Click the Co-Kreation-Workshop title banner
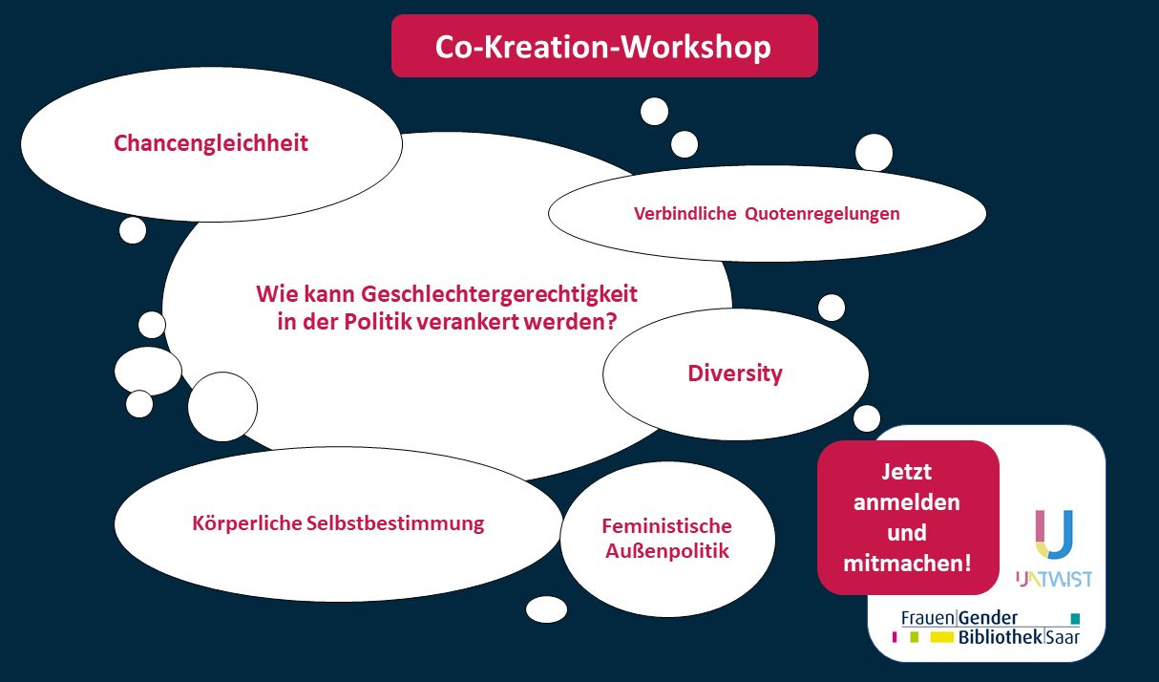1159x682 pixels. click(604, 46)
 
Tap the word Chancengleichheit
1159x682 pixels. click(211, 143)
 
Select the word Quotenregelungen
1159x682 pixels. click(822, 214)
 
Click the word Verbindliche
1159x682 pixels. click(685, 213)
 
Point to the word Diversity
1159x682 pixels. click(735, 373)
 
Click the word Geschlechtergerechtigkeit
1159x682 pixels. click(498, 294)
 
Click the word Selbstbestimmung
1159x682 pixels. click(395, 523)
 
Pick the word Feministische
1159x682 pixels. click(666, 526)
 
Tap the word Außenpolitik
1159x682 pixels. click(667, 551)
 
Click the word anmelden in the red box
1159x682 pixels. click(907, 502)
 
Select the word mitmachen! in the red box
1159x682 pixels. click(907, 564)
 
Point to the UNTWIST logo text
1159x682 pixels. click(1054, 579)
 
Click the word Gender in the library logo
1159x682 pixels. click(988, 618)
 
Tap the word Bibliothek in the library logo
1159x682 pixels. click(1001, 637)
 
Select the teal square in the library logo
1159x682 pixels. click(1075, 618)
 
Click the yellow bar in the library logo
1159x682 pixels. click(941, 637)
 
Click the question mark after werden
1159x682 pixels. click(612, 322)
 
